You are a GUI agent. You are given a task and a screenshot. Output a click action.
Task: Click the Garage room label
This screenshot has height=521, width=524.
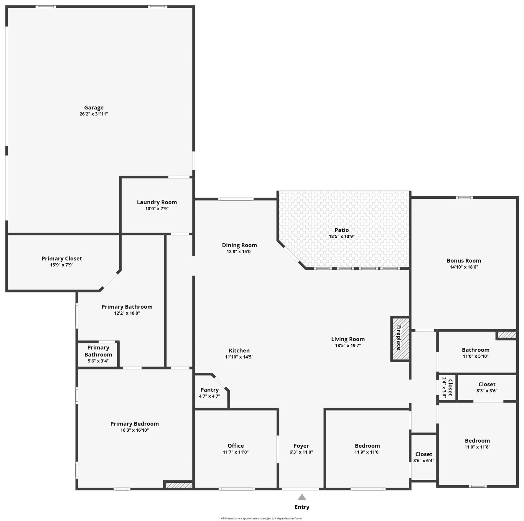click(x=94, y=108)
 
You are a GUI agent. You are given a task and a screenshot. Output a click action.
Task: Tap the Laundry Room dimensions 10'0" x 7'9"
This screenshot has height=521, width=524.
click(x=157, y=209)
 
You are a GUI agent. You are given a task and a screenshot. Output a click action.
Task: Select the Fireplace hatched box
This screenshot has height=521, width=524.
click(x=400, y=339)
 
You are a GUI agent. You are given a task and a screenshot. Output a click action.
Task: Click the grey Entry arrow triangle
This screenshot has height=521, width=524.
click(x=302, y=497)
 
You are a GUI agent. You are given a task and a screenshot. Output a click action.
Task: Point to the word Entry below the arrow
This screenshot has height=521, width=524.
click(x=302, y=507)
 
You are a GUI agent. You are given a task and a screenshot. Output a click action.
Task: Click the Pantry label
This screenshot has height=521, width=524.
click(x=209, y=390)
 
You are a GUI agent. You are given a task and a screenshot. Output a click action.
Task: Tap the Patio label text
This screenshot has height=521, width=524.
click(x=342, y=230)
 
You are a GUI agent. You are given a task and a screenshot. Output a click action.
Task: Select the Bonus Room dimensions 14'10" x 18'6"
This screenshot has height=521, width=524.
click(x=464, y=267)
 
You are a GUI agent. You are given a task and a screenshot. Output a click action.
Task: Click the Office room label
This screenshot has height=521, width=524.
click(x=235, y=446)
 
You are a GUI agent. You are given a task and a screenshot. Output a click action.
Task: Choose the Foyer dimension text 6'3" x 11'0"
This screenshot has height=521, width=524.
click(x=301, y=452)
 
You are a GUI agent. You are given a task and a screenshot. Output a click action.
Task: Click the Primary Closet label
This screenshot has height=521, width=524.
click(x=62, y=259)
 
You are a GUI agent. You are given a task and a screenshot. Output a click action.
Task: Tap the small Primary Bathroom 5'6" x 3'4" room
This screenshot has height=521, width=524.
click(x=98, y=354)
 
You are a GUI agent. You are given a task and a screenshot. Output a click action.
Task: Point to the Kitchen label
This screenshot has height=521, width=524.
click(x=239, y=351)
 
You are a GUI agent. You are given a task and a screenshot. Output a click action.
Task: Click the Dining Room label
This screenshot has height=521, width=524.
click(x=239, y=245)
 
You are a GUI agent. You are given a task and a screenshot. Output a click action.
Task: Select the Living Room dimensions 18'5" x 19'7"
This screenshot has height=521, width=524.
click(x=348, y=346)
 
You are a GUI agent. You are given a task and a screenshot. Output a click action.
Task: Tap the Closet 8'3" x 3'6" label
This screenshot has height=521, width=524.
click(x=487, y=384)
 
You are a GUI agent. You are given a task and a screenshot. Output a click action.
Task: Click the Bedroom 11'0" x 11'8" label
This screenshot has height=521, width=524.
click(x=477, y=441)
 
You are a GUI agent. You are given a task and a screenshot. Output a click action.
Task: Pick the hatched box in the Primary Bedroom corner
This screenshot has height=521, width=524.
click(x=179, y=485)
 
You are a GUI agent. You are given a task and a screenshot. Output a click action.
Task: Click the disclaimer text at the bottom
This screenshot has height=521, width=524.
click(x=262, y=518)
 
